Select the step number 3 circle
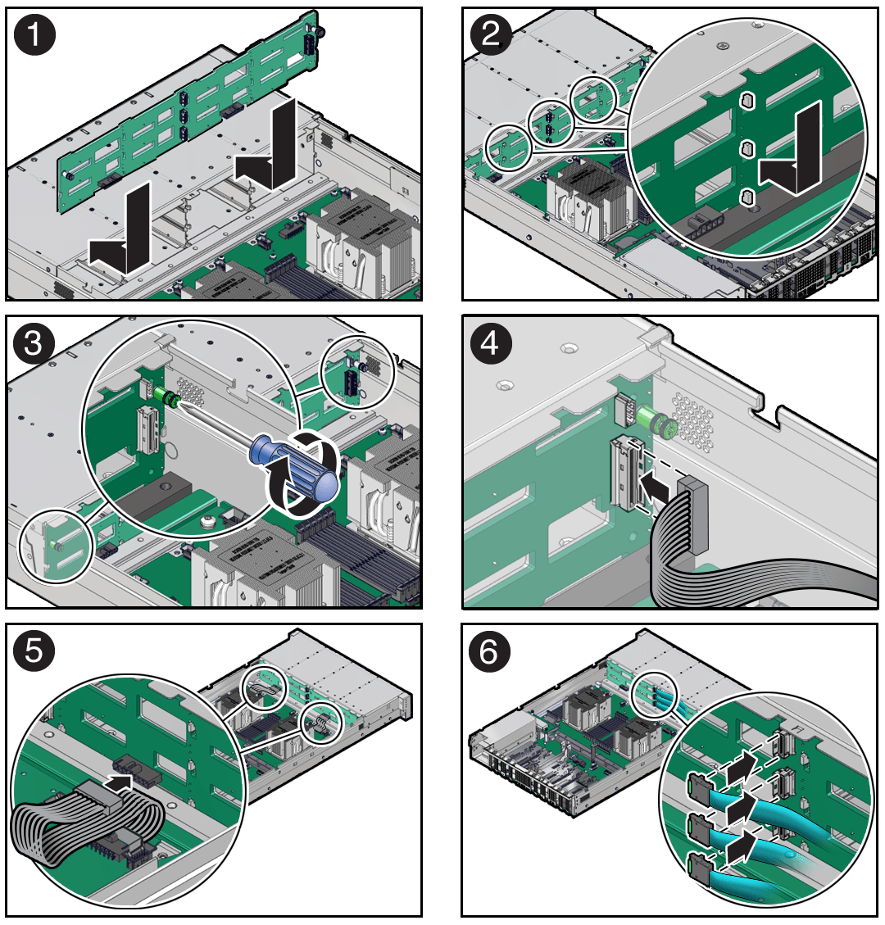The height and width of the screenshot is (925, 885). coord(34,343)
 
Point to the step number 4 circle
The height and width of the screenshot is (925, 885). coord(491,343)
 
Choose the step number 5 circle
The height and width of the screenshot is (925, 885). coord(34,651)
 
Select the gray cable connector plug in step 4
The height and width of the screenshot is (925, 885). coord(693,515)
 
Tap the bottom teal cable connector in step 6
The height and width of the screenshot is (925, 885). coord(700,869)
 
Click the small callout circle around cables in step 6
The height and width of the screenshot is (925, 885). coord(655,695)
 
